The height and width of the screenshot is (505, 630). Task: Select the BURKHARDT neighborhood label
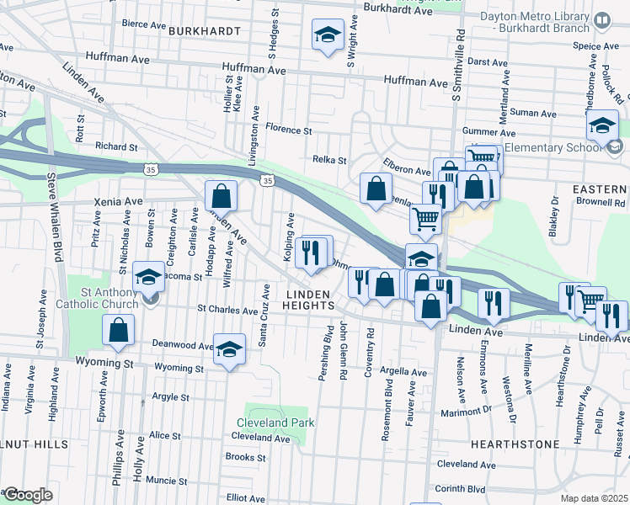205,30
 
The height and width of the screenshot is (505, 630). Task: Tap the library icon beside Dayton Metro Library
602,19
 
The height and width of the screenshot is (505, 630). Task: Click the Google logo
27,495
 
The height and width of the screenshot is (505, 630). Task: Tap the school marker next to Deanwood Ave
228,349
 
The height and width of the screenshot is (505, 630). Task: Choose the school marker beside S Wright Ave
328,35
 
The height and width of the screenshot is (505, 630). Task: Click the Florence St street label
288,130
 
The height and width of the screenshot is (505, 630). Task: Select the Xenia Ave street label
122,202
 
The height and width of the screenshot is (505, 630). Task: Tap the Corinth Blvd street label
461,488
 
